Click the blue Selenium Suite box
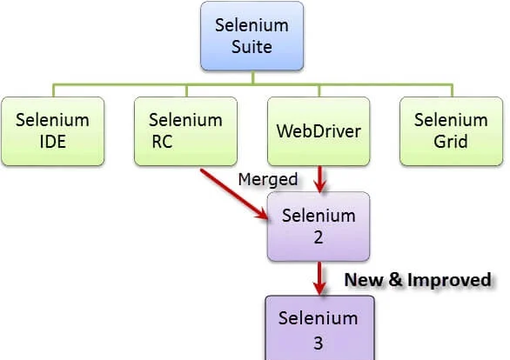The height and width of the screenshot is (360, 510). (252, 36)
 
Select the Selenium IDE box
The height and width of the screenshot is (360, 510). (53, 131)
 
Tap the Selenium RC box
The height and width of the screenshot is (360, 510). (185, 131)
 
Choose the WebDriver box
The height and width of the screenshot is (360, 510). (319, 131)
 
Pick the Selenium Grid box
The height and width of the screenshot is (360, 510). (452, 131)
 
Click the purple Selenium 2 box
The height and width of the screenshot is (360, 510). (319, 226)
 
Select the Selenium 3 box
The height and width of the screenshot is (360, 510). (319, 328)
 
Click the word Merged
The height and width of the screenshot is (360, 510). (268, 180)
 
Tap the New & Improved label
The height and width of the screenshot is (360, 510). (418, 280)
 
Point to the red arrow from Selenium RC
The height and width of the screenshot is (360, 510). (234, 194)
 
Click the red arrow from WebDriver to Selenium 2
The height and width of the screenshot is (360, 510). (320, 179)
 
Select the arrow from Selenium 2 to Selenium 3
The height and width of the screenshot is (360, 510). (319, 278)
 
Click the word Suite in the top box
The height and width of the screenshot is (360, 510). (252, 47)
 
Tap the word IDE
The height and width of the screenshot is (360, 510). (53, 142)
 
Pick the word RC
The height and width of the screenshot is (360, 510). (162, 142)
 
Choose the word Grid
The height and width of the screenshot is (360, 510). (451, 142)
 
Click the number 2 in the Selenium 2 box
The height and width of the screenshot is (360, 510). (319, 237)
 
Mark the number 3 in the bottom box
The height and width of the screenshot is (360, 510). (319, 343)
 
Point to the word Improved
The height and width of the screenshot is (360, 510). (449, 280)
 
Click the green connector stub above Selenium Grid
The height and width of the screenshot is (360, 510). (452, 90)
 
